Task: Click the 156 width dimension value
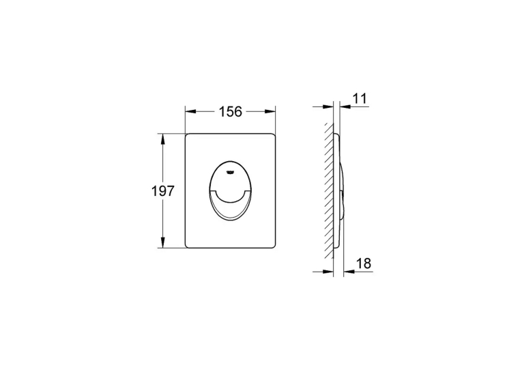[230, 111]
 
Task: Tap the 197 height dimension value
[163, 191]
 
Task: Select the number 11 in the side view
[359, 98]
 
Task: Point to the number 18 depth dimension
[364, 263]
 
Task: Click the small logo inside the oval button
[230, 173]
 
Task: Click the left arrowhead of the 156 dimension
[190, 111]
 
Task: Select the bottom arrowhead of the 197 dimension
[163, 242]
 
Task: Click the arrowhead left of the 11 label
[345, 106]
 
